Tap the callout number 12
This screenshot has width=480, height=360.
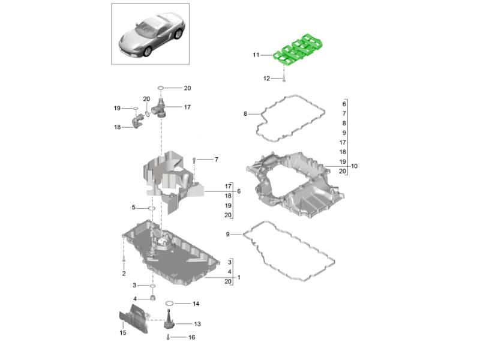266,79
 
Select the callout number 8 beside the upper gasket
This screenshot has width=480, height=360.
245,114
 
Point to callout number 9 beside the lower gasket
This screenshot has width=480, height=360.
227,234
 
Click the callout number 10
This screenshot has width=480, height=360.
354,166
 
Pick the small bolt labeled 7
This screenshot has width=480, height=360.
194,160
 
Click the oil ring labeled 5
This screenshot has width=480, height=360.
152,208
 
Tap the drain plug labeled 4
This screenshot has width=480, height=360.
153,298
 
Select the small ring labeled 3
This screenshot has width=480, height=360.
152,286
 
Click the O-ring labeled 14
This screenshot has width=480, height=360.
169,304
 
